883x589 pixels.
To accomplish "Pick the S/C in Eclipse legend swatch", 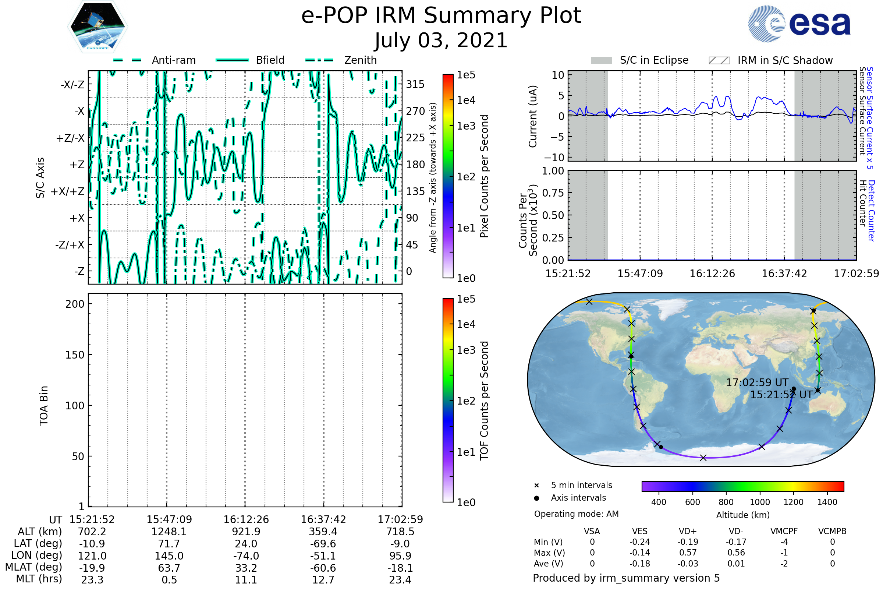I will click(601, 60).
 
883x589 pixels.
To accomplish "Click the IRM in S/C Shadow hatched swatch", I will click(719, 60).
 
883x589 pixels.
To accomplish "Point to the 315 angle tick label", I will click(415, 84).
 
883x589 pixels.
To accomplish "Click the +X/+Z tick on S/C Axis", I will click(68, 191).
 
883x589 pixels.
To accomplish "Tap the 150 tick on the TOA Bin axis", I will click(75, 355).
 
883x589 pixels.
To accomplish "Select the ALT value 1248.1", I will click(169, 532).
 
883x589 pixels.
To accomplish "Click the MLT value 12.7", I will click(323, 579).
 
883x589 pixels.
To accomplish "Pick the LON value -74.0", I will click(246, 556).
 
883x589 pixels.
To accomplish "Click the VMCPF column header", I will click(784, 531).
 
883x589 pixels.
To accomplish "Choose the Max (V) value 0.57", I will click(688, 553).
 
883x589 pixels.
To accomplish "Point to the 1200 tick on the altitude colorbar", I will click(793, 502).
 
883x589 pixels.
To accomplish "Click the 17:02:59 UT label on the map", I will click(757, 382).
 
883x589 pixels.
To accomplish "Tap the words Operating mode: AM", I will click(576, 514).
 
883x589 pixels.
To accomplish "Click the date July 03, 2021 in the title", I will click(441, 40).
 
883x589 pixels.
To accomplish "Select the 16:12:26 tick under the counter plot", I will click(712, 274).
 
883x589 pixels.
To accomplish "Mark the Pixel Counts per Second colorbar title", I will click(484, 176).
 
